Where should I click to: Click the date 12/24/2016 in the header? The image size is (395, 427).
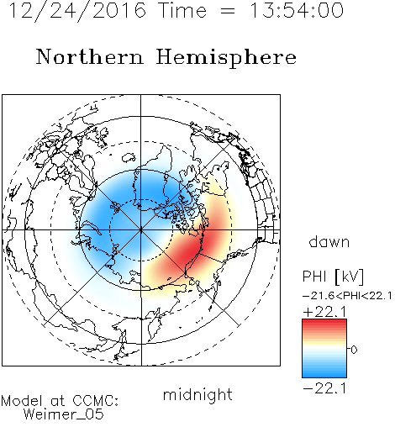[77, 11]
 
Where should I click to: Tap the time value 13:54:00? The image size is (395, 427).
[297, 10]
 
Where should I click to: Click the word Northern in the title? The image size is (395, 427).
[90, 57]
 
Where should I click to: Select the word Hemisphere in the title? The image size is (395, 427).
[226, 58]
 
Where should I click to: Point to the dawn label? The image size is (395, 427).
[329, 241]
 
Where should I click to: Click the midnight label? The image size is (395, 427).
[197, 394]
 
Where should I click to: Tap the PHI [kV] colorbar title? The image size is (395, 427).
[334, 277]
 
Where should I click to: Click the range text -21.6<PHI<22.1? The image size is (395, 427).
[347, 296]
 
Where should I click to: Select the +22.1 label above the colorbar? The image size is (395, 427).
[324, 312]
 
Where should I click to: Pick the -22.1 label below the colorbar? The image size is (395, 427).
[324, 388]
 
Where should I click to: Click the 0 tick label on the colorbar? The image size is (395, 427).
[354, 350]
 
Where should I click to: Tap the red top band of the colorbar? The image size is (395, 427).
[324, 323]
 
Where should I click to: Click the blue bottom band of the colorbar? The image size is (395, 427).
[324, 374]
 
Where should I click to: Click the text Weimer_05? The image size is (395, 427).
[64, 414]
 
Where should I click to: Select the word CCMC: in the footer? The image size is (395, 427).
[95, 401]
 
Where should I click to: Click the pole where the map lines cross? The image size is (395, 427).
[141, 230]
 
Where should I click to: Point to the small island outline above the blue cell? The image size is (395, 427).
[129, 157]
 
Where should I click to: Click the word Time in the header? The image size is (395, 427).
[182, 10]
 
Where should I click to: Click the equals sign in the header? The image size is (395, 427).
[228, 12]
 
